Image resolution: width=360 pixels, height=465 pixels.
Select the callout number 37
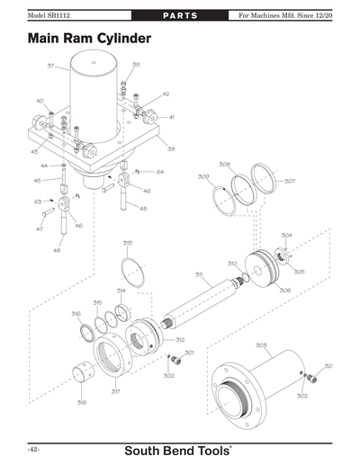point(51,66)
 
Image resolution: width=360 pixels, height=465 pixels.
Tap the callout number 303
point(260,344)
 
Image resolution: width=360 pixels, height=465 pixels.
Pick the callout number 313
point(128,243)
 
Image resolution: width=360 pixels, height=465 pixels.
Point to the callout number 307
point(289,181)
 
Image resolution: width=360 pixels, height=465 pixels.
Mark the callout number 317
point(115,391)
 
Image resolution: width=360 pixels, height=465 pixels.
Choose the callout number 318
point(81,402)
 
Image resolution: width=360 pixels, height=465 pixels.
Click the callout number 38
point(170,149)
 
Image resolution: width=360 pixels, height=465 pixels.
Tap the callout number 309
point(203,176)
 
